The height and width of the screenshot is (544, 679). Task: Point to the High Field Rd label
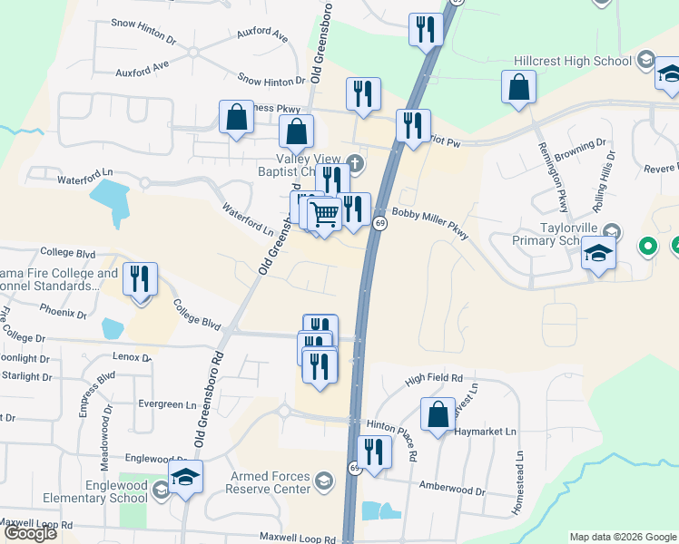(434, 377)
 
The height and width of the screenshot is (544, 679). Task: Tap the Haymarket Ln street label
(486, 432)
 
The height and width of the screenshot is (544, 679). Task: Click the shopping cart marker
(324, 215)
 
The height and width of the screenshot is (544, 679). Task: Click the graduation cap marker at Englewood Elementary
(186, 477)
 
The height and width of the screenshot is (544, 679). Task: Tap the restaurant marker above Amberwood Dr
(372, 451)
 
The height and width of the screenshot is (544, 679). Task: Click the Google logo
(30, 533)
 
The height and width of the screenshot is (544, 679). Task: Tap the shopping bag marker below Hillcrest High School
(518, 87)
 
